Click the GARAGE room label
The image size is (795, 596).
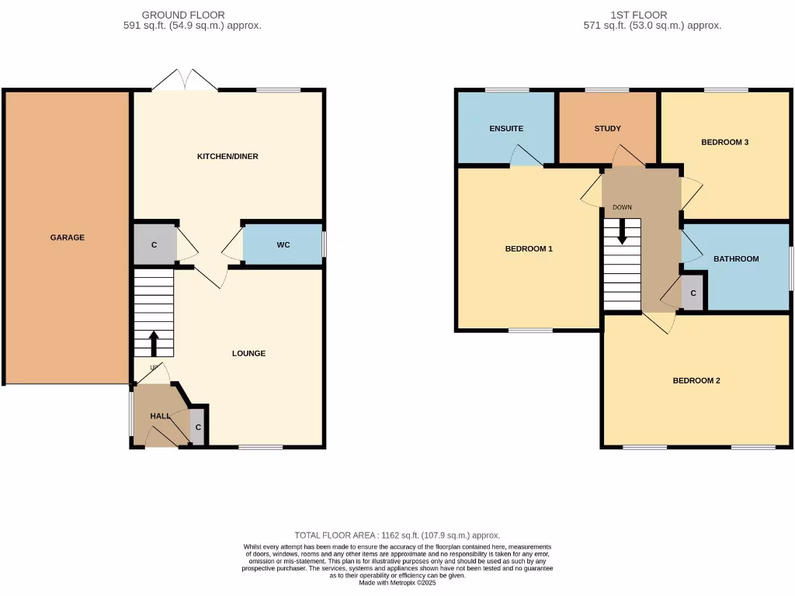click(x=68, y=237)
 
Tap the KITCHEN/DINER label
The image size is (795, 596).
click(x=227, y=157)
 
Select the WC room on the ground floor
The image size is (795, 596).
click(x=283, y=245)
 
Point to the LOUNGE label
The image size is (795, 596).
click(x=248, y=354)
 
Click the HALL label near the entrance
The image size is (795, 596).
click(x=160, y=417)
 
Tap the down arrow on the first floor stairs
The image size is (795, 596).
click(x=622, y=232)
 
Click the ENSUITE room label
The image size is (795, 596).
click(x=506, y=129)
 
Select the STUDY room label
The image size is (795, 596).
click(x=607, y=129)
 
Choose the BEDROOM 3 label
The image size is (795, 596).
click(x=724, y=143)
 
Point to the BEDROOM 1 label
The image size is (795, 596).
click(x=529, y=249)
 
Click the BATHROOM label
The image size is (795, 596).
click(x=736, y=259)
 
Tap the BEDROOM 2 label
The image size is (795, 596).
click(x=696, y=381)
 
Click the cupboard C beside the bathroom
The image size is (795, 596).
click(x=693, y=293)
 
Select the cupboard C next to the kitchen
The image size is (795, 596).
click(x=154, y=245)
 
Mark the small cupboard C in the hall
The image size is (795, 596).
click(x=198, y=428)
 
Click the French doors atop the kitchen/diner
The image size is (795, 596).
click(x=185, y=80)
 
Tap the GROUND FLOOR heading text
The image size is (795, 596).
click(x=184, y=15)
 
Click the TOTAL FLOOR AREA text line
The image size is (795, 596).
click(x=397, y=535)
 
